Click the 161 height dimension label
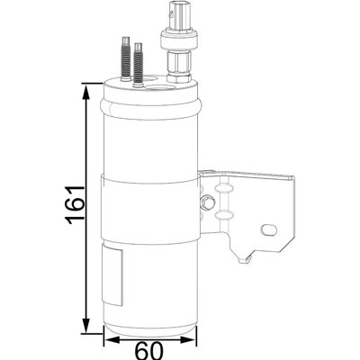(x=75, y=205)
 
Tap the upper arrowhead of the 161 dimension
(x=86, y=93)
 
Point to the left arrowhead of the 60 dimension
(x=112, y=340)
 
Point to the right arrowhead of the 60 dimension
(x=188, y=340)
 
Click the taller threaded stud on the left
(x=125, y=58)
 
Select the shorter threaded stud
(x=138, y=66)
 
